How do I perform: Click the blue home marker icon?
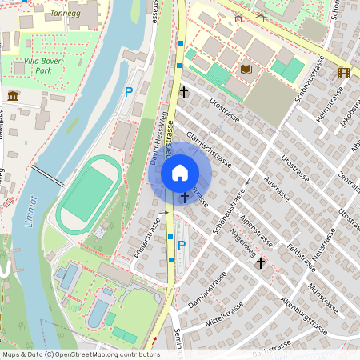click(180, 172)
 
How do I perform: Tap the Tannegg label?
click(66, 14)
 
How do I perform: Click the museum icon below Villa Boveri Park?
click(13, 96)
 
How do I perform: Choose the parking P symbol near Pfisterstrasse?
click(181, 246)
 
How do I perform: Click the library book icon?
click(246, 70)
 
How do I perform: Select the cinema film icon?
click(344, 73)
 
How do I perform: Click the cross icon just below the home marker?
click(185, 196)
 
